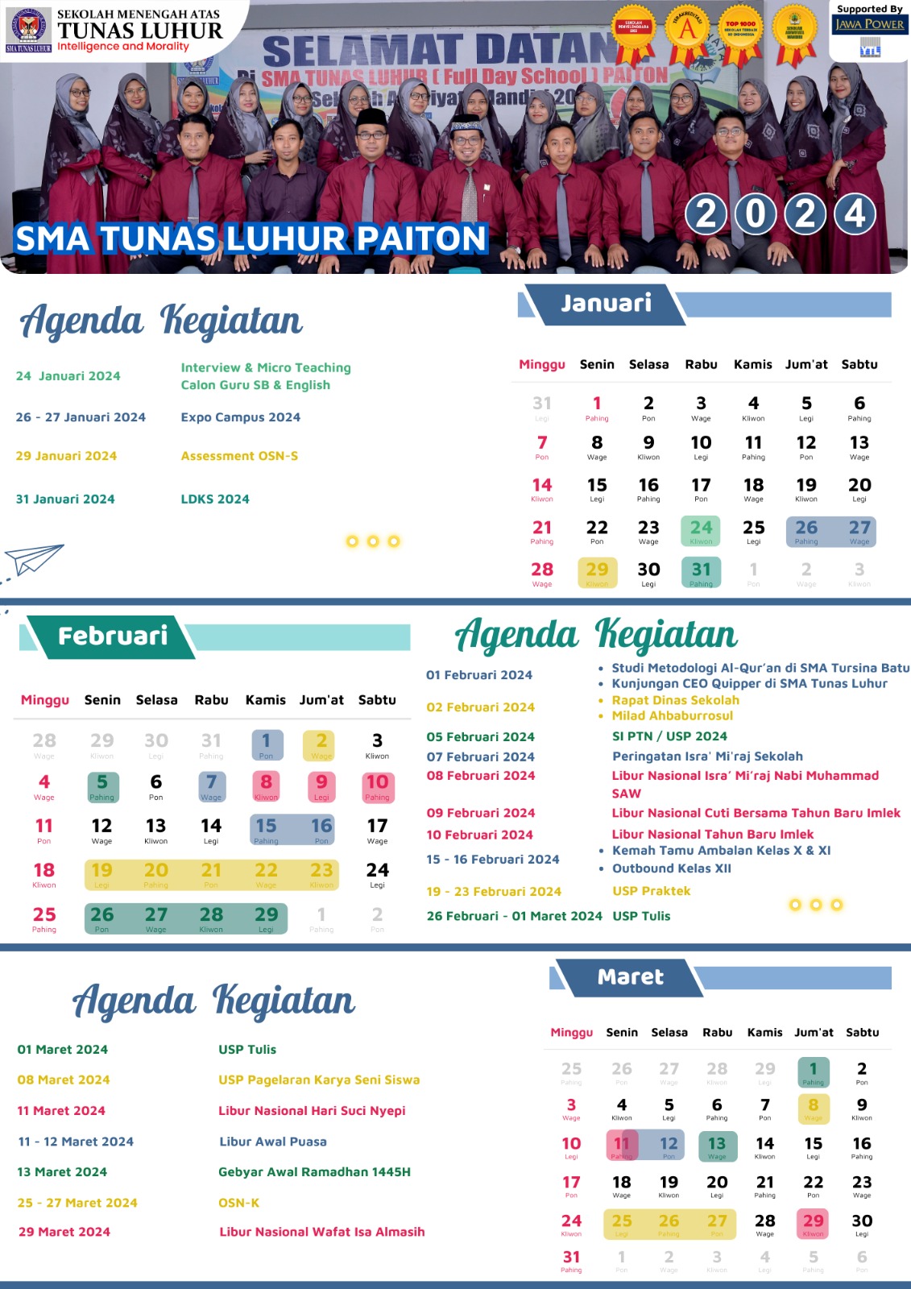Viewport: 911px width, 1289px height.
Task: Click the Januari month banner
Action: (x=606, y=304)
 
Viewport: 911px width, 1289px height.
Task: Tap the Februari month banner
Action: (x=112, y=636)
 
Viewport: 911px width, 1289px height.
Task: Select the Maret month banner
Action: (x=630, y=977)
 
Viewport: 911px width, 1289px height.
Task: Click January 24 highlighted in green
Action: (x=701, y=529)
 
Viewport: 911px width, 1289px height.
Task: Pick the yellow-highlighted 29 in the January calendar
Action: (x=597, y=571)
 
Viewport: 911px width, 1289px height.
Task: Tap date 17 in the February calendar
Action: (x=377, y=827)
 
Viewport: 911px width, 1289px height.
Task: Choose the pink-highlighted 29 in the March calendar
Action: (x=813, y=1223)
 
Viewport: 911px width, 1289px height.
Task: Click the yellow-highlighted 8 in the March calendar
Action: (x=813, y=1107)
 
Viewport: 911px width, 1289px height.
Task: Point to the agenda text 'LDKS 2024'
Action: (x=215, y=499)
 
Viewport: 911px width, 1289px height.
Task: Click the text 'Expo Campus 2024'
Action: (x=240, y=417)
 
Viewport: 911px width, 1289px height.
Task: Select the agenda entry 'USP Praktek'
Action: (x=651, y=891)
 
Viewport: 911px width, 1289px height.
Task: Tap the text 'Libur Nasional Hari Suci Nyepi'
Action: (x=312, y=1111)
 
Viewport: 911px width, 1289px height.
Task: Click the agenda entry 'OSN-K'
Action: (x=238, y=1203)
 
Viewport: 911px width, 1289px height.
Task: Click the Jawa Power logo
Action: (x=869, y=25)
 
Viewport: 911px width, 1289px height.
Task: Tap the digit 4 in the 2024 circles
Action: (x=855, y=214)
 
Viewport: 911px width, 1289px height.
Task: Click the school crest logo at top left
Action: (x=28, y=27)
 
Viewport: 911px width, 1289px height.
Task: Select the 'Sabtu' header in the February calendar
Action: (x=377, y=700)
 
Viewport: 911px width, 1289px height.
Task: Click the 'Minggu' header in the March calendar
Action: (x=571, y=1032)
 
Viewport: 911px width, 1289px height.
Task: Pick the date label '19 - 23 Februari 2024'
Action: (x=494, y=892)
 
